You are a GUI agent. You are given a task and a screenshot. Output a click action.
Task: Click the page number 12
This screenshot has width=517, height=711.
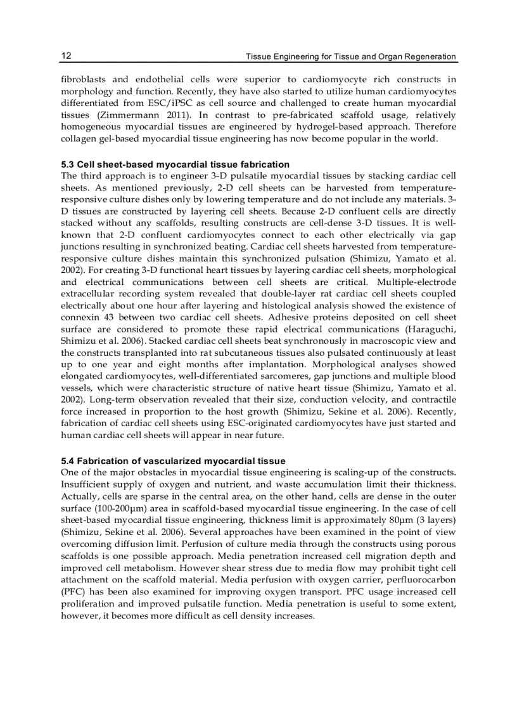pyautogui.click(x=66, y=56)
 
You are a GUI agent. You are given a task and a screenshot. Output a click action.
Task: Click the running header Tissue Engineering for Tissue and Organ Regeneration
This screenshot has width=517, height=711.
pyautogui.click(x=350, y=57)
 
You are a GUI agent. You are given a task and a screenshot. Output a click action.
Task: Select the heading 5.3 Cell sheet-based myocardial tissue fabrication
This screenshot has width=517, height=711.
pyautogui.click(x=175, y=165)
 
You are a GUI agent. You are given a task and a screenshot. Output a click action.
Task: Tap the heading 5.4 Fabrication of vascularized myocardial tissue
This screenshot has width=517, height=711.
pyautogui.click(x=172, y=461)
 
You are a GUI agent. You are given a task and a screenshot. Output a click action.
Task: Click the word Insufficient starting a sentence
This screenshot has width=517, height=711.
pyautogui.click(x=86, y=485)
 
